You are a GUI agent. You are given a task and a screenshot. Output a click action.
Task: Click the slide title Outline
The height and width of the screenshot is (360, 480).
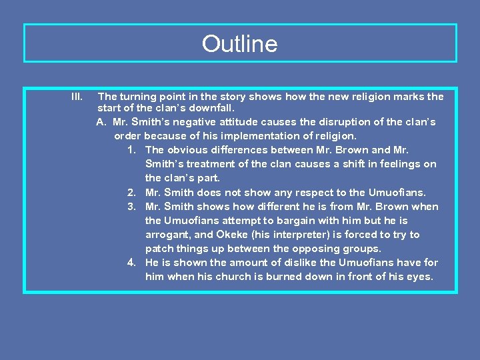[x=239, y=44]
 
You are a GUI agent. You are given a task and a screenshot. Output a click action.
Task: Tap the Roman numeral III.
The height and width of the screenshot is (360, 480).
[x=77, y=97]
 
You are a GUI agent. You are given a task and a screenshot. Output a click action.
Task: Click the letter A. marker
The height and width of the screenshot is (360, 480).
[x=101, y=122]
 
